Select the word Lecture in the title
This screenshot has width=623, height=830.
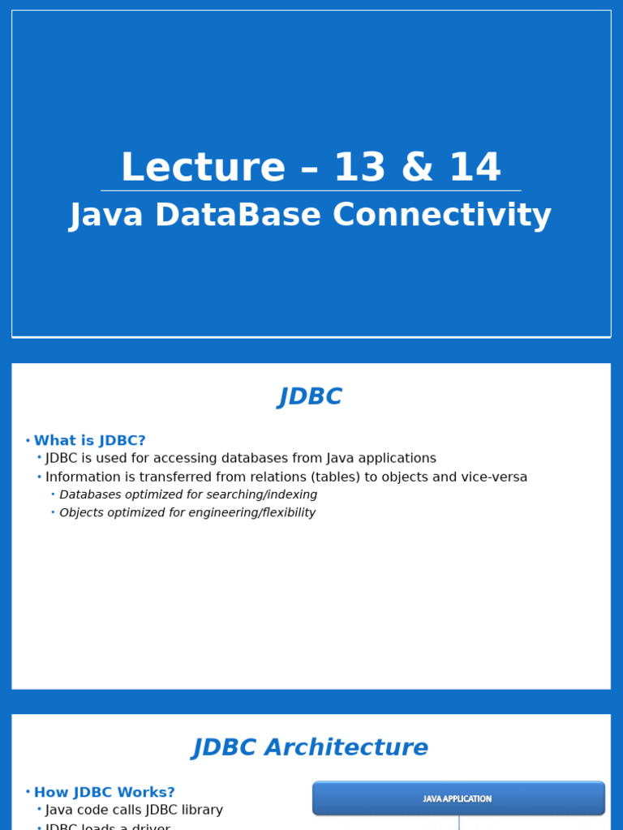coord(203,168)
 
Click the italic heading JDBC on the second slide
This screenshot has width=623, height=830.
coord(311,397)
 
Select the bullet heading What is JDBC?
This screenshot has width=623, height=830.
coord(89,441)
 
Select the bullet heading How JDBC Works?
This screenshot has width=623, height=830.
coord(104,793)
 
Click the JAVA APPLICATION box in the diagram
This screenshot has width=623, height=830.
coord(458,798)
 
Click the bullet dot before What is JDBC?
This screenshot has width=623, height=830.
coord(28,441)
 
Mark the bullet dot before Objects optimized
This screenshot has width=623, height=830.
coord(53,512)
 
